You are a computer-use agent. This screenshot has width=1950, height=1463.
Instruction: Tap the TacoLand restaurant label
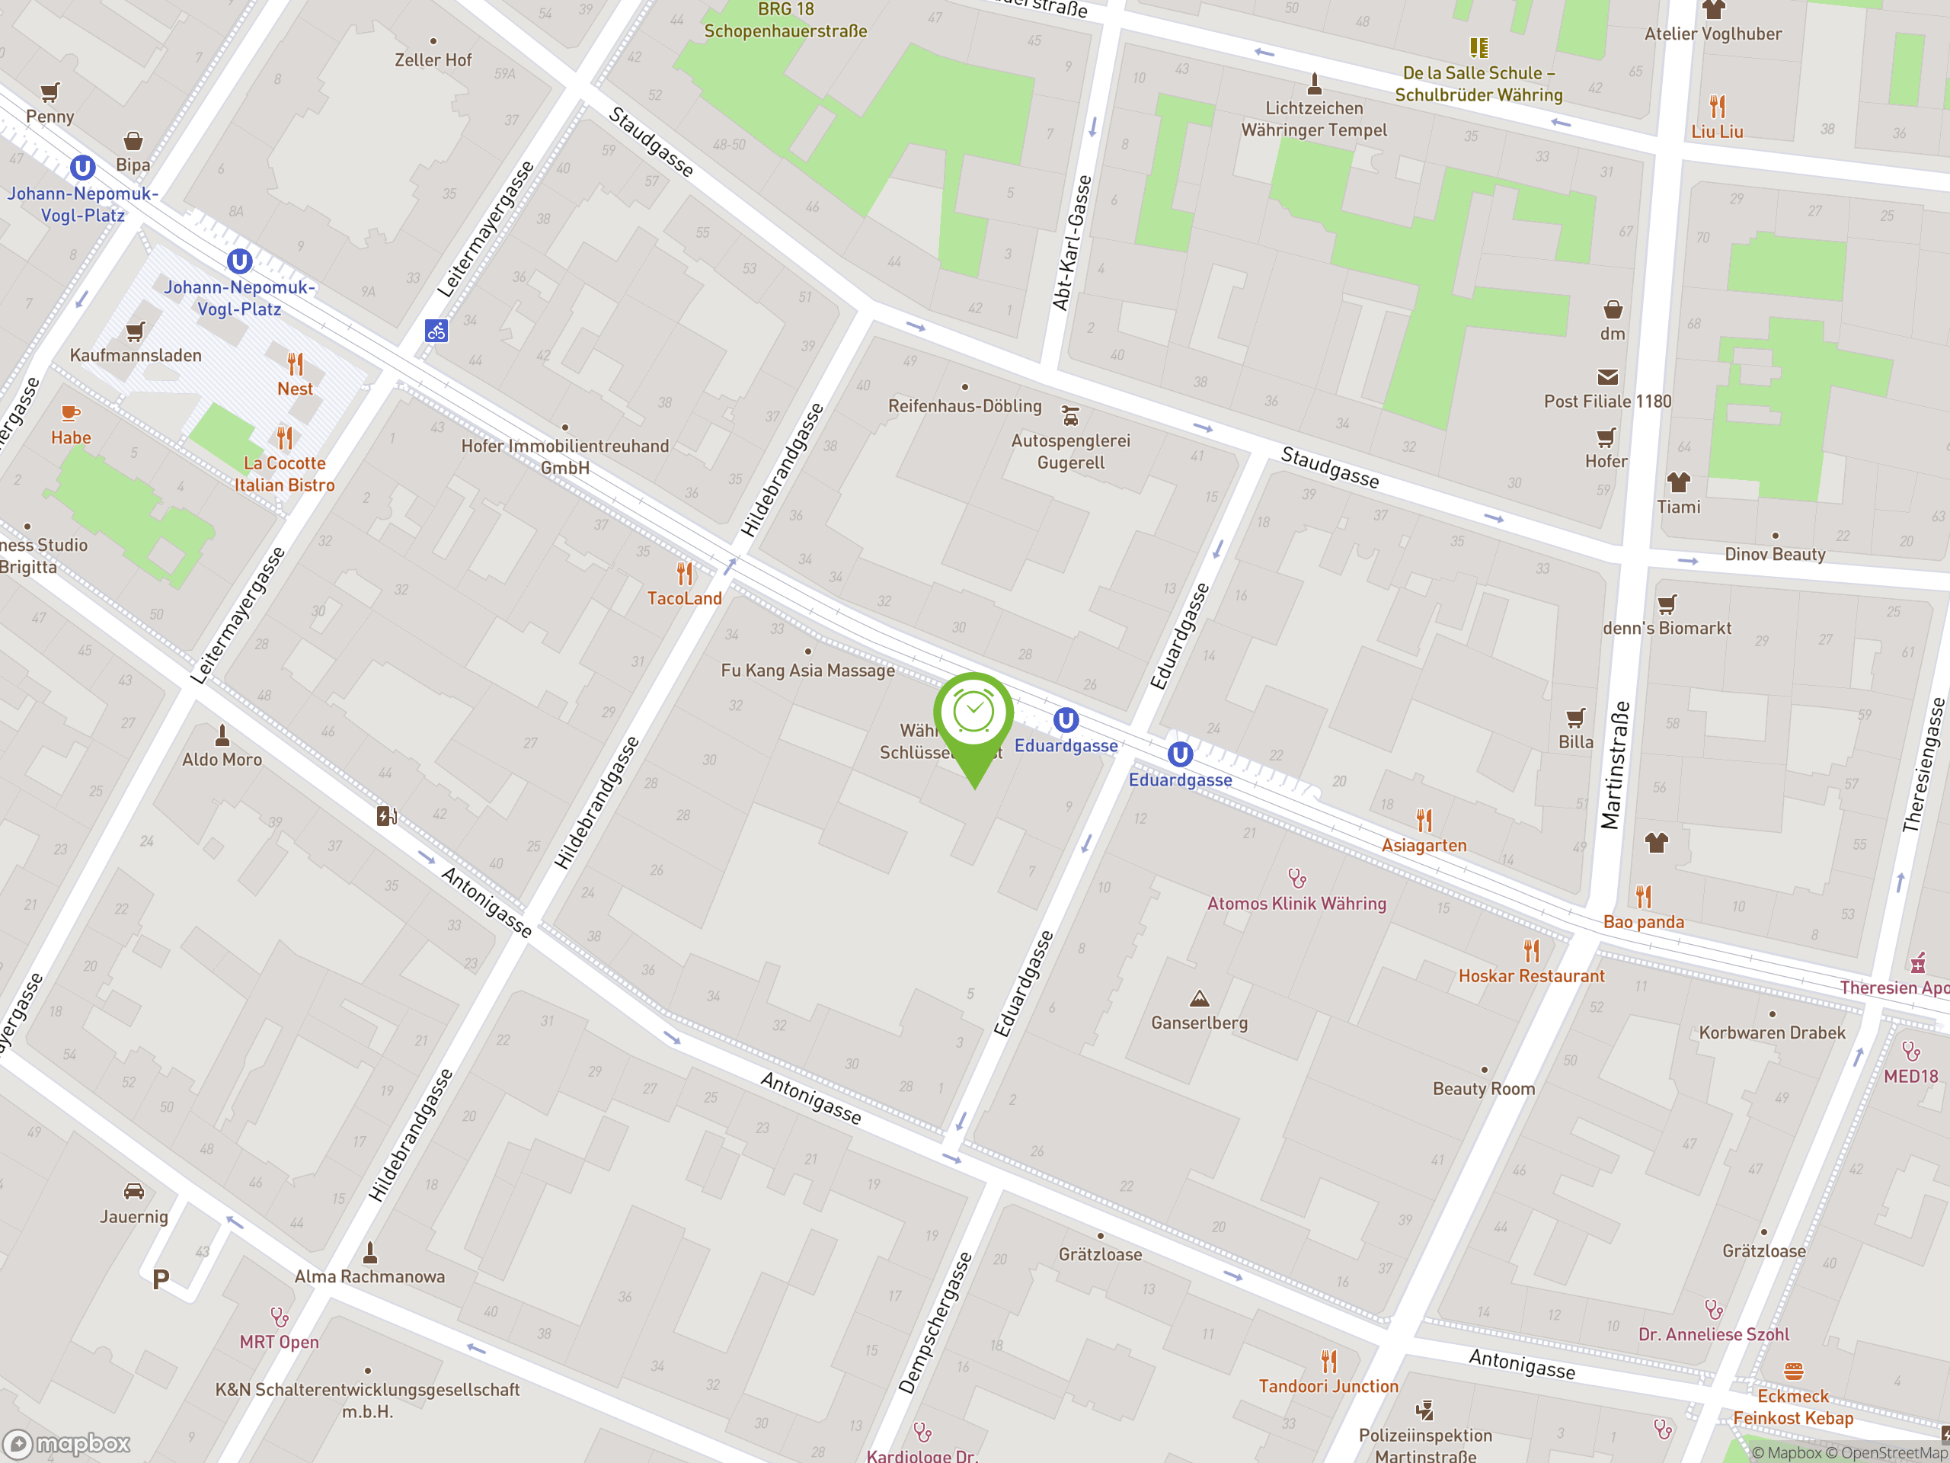click(684, 598)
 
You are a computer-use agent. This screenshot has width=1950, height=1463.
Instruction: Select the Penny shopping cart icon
click(50, 91)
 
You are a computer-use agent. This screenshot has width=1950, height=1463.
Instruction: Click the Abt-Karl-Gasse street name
click(1072, 242)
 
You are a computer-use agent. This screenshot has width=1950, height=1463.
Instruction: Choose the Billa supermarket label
click(1575, 741)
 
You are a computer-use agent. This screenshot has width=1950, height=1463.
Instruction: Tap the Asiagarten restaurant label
click(1424, 845)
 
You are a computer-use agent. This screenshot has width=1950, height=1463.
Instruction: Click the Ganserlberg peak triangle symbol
click(1199, 998)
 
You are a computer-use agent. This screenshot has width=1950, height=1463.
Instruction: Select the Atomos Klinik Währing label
click(1296, 903)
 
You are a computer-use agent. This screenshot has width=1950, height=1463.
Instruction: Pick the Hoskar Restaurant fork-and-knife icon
click(1531, 951)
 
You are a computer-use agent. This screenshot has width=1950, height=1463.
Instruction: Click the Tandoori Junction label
click(1328, 1385)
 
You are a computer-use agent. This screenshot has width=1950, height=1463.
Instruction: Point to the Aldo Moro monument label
click(222, 759)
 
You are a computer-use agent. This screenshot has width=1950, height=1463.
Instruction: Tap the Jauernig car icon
click(134, 1192)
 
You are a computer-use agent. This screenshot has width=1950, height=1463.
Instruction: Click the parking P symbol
click(161, 1279)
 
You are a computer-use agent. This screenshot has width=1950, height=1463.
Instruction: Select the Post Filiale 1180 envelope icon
click(1607, 377)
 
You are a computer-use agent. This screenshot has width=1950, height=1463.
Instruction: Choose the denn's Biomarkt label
click(1666, 628)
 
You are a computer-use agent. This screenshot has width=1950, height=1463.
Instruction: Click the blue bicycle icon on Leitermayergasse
click(436, 331)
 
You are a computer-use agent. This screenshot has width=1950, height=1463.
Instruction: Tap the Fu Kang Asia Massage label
click(807, 671)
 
